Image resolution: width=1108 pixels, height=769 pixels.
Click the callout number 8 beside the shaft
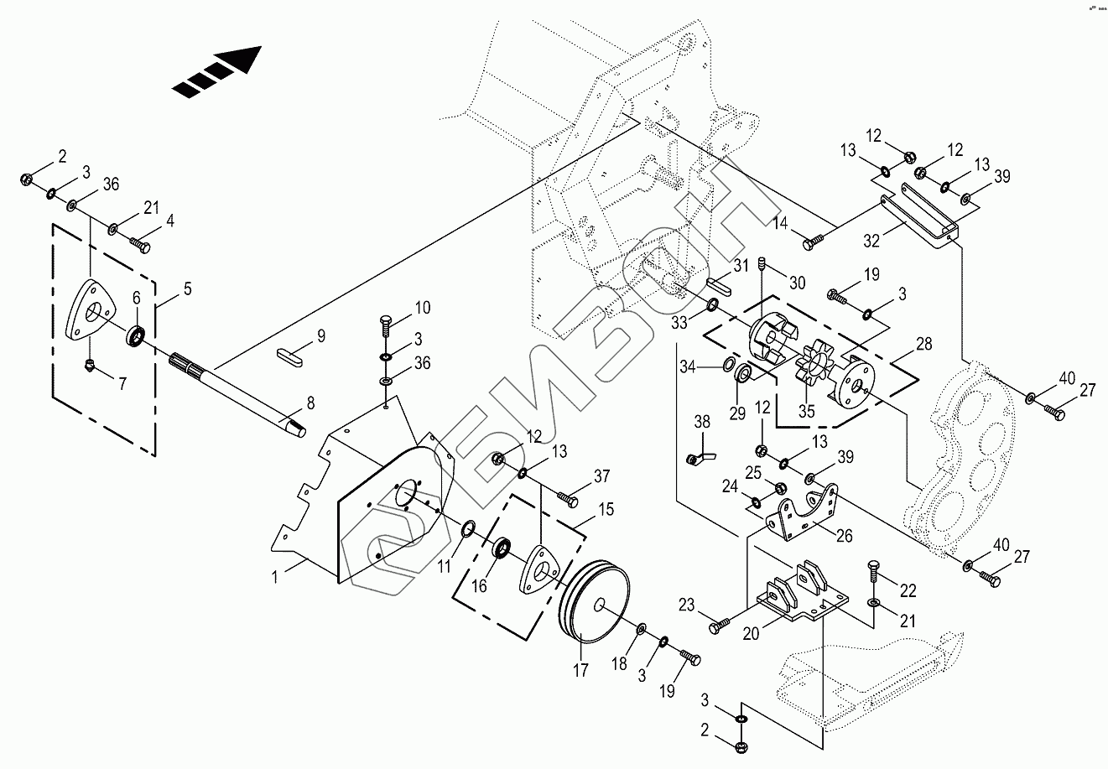(x=310, y=403)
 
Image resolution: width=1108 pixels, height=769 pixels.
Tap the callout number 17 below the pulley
(x=581, y=670)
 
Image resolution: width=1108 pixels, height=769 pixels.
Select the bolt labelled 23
(x=720, y=625)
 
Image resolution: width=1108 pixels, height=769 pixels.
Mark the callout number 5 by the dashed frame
(x=187, y=289)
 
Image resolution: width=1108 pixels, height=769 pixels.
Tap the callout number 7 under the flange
(x=122, y=384)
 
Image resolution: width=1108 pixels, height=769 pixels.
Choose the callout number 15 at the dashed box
(x=606, y=509)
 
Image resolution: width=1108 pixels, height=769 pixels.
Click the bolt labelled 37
(x=570, y=500)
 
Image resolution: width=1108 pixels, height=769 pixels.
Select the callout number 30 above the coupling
(x=796, y=282)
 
